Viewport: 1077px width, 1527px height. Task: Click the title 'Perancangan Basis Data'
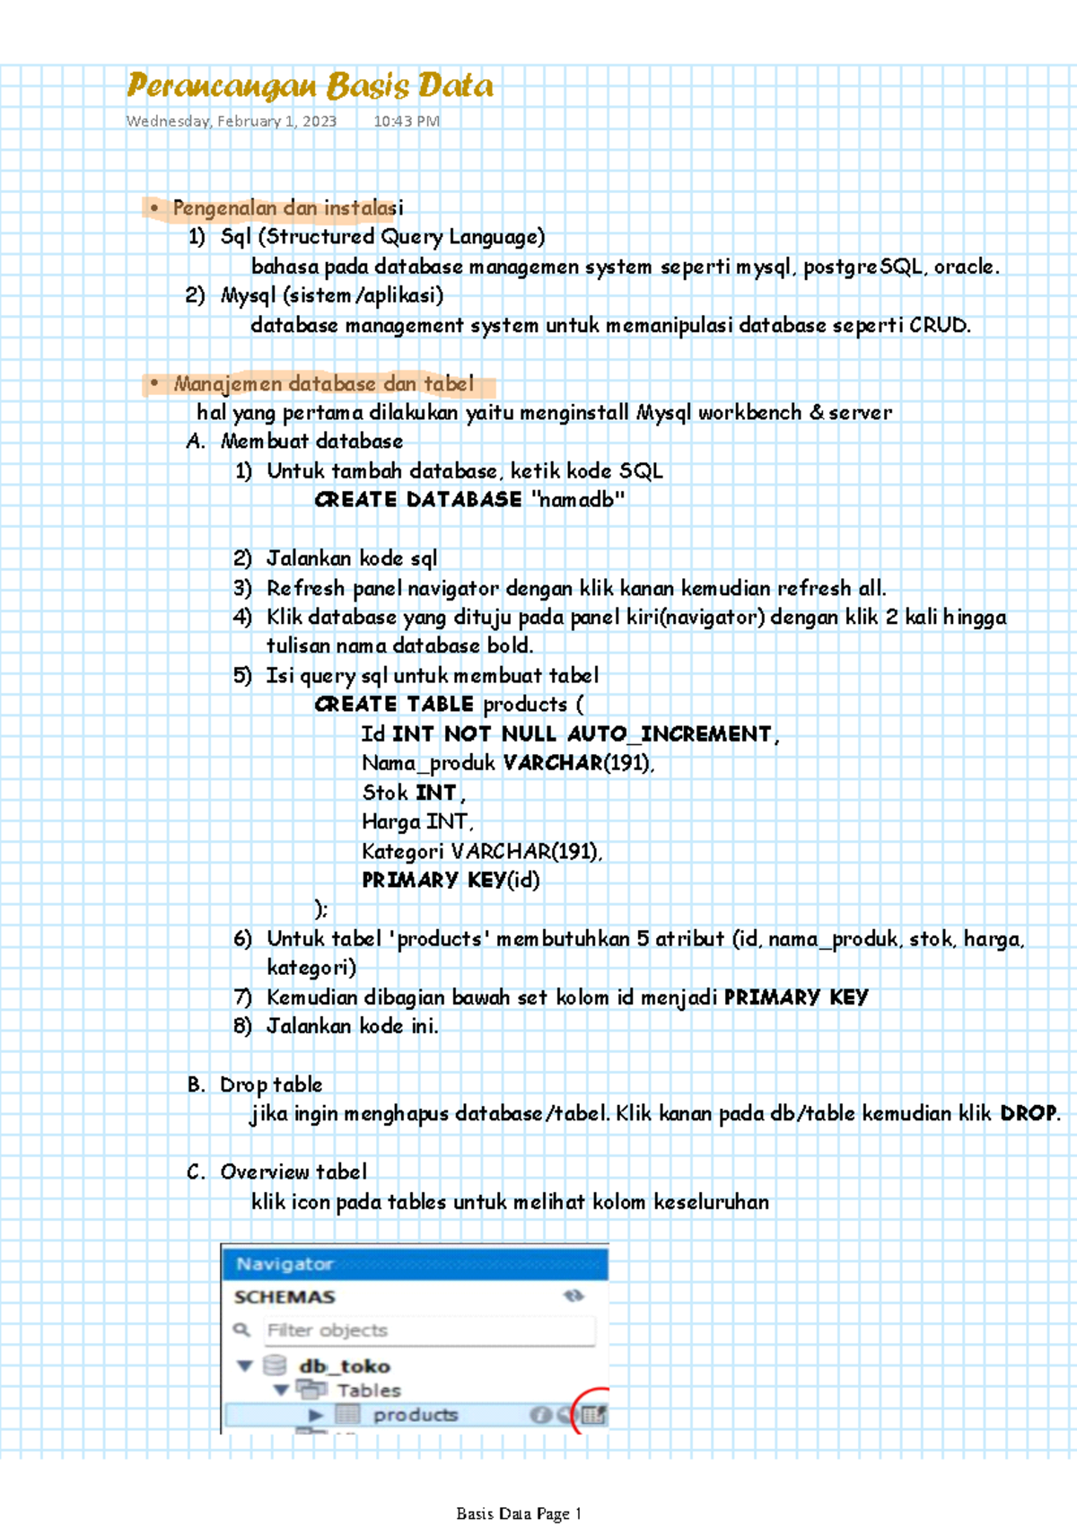(x=310, y=86)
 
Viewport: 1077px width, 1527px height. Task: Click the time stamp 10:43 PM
(x=407, y=121)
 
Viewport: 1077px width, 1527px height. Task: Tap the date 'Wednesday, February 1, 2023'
(x=232, y=121)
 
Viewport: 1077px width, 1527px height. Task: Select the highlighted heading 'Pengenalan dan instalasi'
(x=287, y=208)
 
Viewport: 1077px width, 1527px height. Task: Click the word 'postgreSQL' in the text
(x=863, y=267)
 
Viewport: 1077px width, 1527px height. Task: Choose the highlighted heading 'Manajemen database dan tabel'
(x=323, y=384)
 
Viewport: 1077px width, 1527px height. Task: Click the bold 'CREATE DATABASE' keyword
(x=418, y=500)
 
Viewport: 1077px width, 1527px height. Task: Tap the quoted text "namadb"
(x=578, y=500)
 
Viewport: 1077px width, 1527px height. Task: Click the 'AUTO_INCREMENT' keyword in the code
(x=670, y=734)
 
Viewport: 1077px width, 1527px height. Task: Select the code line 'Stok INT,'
(x=413, y=793)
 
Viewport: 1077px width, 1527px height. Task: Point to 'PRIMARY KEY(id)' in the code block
(x=451, y=880)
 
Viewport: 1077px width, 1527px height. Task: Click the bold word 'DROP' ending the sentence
(x=1029, y=1113)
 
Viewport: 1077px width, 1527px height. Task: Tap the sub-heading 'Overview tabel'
(x=293, y=1172)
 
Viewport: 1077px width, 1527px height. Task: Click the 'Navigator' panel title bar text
(x=285, y=1264)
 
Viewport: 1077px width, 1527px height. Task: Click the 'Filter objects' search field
(x=429, y=1330)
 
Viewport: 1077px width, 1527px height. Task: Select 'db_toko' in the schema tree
(x=345, y=1366)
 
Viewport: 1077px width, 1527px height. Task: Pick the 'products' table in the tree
(x=415, y=1415)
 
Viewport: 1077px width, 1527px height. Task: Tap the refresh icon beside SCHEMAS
(x=573, y=1296)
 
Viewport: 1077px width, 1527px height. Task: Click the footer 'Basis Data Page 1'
(x=519, y=1514)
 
